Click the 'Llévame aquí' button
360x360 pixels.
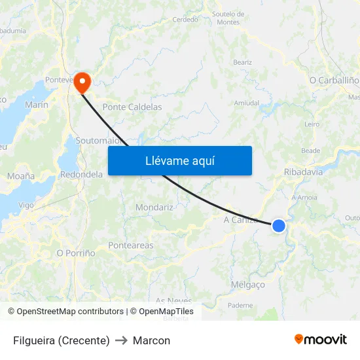[x=179, y=160]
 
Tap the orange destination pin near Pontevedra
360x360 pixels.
[x=82, y=82]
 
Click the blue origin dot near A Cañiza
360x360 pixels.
[x=279, y=226]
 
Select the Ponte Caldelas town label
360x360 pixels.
[x=132, y=107]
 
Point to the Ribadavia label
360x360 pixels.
[x=303, y=172]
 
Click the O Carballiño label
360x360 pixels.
[x=334, y=80]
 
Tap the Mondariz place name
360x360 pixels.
[x=154, y=207]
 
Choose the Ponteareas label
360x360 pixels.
[x=130, y=245]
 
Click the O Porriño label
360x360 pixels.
[x=76, y=253]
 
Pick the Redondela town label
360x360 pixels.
[x=82, y=175]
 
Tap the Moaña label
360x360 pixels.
[x=21, y=176]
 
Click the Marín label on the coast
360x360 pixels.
[x=36, y=105]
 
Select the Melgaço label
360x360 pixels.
[x=248, y=285]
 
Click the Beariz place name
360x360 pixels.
[x=242, y=62]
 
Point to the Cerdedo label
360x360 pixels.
[x=185, y=20]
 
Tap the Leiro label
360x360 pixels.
[x=312, y=124]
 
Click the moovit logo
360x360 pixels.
[x=320, y=340]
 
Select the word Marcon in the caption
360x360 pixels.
[x=151, y=340]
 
